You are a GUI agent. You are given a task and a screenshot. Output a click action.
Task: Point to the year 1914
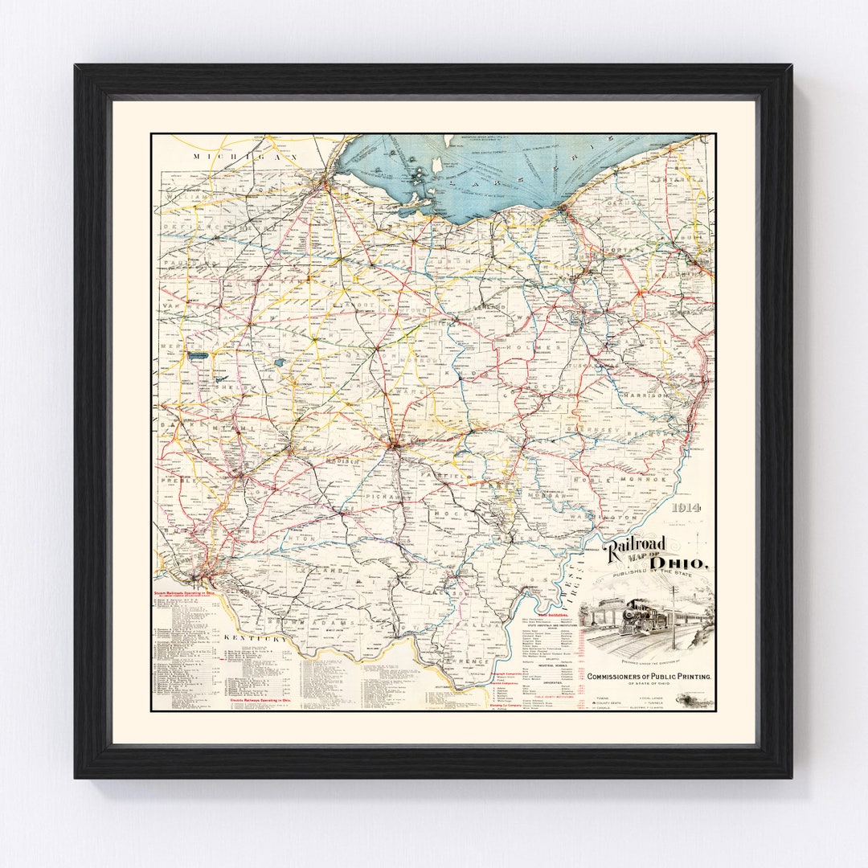689,507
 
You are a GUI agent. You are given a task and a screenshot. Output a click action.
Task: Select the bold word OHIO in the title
679,562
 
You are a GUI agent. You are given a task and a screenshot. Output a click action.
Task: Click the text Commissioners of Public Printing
649,677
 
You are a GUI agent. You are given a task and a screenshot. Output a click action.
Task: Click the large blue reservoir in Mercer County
198,353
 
